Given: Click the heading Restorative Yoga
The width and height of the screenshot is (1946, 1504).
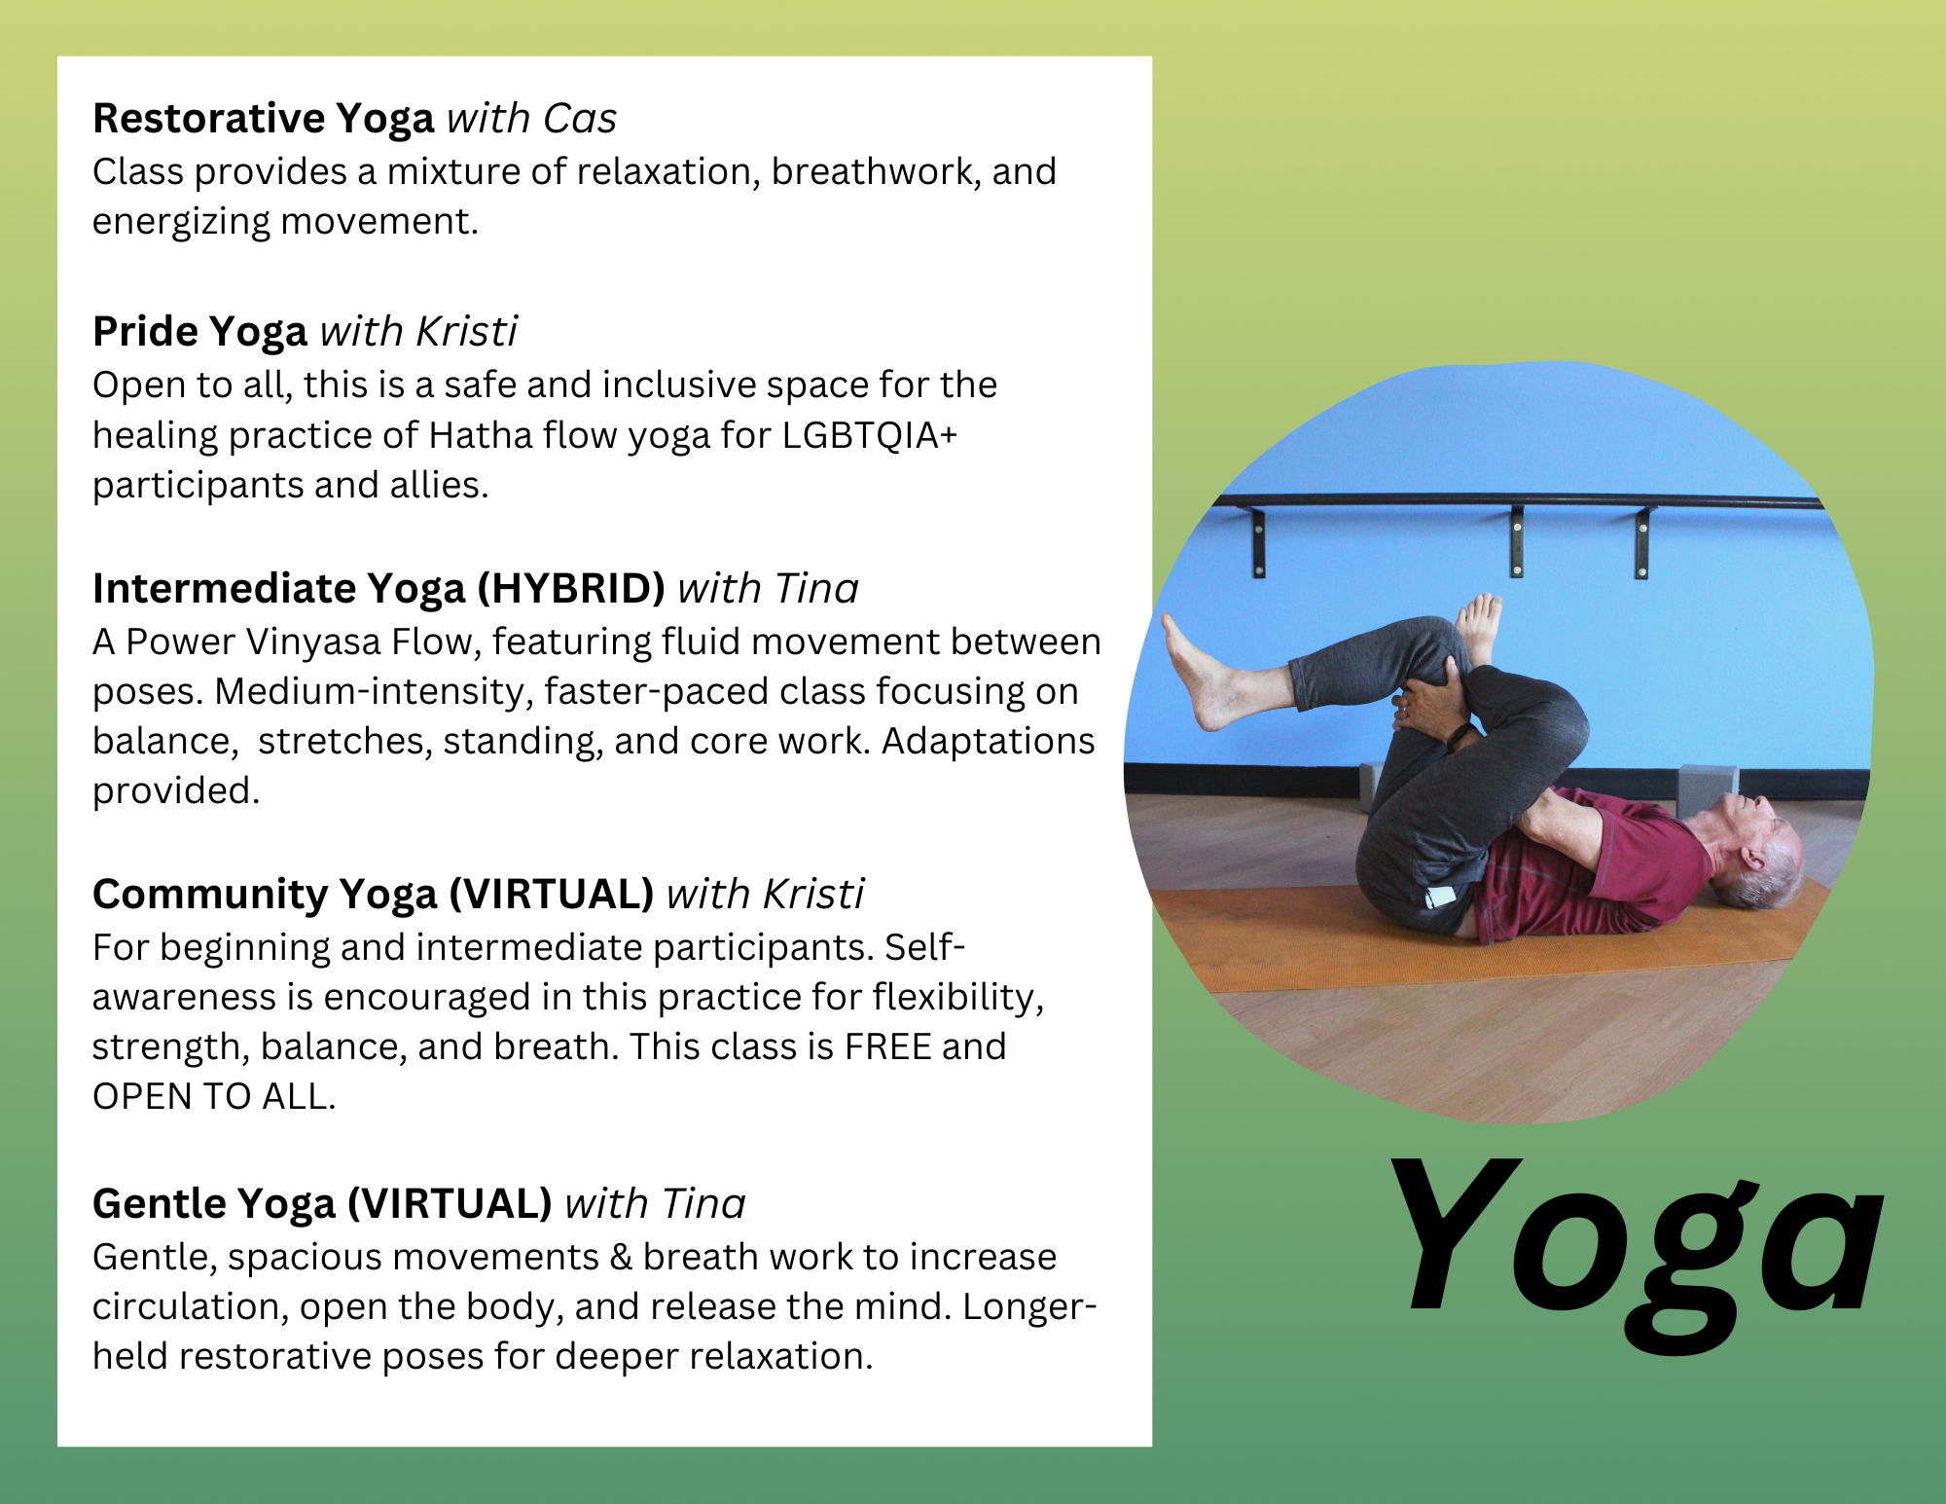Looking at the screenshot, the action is point(263,120).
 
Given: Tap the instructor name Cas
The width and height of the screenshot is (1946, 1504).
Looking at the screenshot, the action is point(580,119).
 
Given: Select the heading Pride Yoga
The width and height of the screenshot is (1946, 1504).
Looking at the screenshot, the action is point(199,333).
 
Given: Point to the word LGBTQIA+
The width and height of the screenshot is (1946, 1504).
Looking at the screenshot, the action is point(870,435).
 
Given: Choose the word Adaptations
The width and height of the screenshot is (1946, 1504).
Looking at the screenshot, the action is point(989,742).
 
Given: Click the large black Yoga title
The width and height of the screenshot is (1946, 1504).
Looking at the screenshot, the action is point(1635,1251).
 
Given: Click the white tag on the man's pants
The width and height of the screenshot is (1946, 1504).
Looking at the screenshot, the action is point(1440,896).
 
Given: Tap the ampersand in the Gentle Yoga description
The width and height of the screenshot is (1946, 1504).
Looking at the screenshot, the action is point(621,1258).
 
